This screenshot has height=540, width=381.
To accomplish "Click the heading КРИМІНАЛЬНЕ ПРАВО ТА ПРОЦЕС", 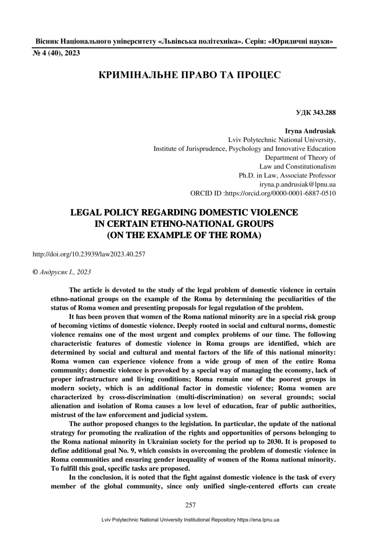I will coord(190,75).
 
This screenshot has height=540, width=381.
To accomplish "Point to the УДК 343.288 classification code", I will coord(316,113).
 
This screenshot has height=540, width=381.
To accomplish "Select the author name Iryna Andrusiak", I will coord(310,131).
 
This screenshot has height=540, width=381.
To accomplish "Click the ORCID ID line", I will coord(263,193).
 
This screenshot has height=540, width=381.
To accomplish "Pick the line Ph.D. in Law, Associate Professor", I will coord(287,175).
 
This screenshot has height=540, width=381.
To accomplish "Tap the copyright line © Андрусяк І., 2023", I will coord(62,272).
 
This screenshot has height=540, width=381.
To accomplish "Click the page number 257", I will coord(190,505).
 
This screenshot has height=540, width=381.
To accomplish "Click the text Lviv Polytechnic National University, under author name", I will coord(282,140).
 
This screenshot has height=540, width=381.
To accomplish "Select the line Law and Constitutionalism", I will coord(297,166).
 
